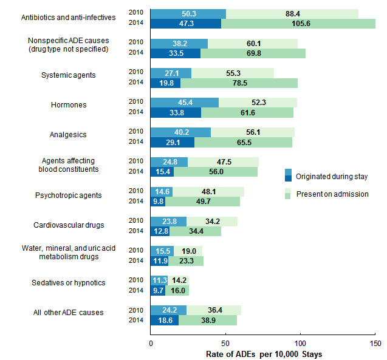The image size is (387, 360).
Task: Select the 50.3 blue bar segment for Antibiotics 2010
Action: (x=188, y=13)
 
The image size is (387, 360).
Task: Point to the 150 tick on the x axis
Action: (x=375, y=343)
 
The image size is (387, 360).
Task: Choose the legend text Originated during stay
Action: (x=332, y=177)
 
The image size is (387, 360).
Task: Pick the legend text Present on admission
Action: (x=332, y=194)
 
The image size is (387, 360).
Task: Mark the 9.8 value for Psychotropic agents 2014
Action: (x=157, y=202)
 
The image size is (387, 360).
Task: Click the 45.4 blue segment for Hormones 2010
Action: (x=184, y=103)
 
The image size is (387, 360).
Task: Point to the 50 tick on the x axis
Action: (x=225, y=343)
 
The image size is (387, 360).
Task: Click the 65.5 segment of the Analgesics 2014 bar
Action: (x=242, y=142)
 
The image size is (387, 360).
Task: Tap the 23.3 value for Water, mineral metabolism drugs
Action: (x=185, y=261)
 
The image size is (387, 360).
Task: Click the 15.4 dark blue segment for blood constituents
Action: (x=162, y=172)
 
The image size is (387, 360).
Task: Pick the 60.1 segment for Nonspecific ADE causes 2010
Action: (x=252, y=43)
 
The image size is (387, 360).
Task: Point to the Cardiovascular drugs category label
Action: (x=69, y=225)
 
